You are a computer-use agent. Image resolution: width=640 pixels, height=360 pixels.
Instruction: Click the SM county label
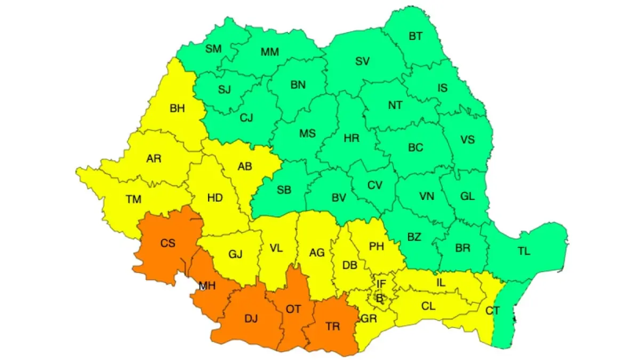213,49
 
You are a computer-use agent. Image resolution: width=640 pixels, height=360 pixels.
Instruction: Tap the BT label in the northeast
415,36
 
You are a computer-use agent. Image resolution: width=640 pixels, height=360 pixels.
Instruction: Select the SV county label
363,61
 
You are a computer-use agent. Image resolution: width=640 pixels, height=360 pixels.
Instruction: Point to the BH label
177,108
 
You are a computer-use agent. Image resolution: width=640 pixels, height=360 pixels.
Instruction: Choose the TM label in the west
133,199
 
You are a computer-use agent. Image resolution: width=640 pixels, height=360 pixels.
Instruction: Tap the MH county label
207,286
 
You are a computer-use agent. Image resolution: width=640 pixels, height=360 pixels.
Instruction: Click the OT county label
294,309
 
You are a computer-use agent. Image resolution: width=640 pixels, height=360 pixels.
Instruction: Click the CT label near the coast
492,310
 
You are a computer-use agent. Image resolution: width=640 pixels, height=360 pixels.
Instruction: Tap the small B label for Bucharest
380,299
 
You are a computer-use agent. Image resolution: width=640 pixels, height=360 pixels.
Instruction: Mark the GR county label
368,319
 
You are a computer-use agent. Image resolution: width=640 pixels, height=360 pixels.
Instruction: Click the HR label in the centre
351,138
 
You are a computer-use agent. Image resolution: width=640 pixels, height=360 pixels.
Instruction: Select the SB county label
284,189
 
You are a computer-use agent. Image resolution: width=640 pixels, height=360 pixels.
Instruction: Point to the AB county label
245,166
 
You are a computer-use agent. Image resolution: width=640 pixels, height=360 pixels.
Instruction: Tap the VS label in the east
467,140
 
